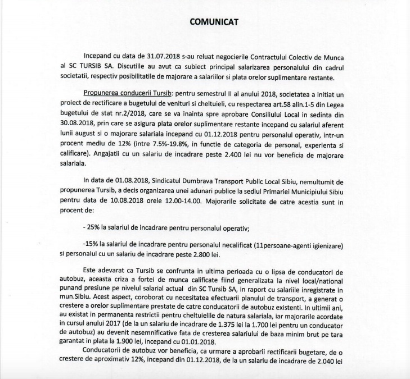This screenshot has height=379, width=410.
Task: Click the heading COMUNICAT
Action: click(x=214, y=22)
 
